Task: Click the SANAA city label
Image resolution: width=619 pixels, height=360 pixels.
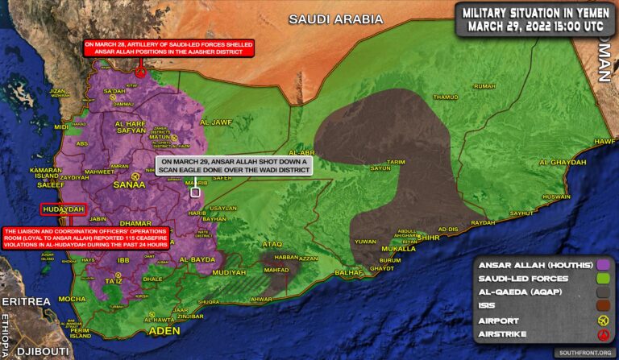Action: click(x=129, y=184)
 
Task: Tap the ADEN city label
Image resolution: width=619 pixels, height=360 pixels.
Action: click(x=164, y=331)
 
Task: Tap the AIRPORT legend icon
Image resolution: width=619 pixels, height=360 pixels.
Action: click(x=601, y=321)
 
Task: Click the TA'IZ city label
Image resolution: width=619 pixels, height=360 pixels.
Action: click(x=114, y=280)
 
